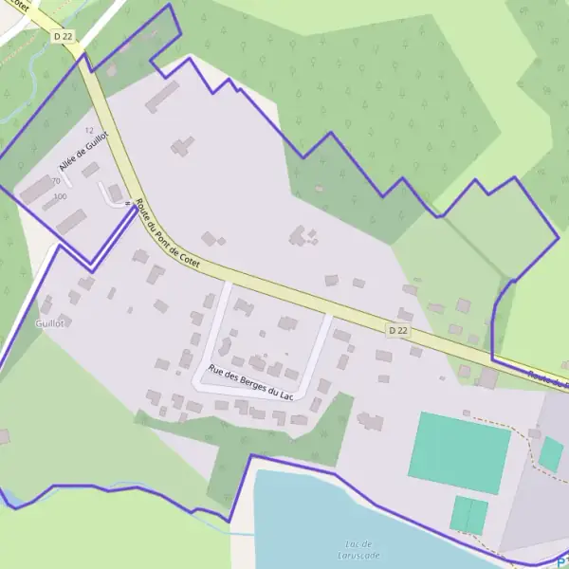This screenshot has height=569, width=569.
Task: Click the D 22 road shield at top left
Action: pos(64,36)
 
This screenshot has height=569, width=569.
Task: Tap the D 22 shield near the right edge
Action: pos(399,330)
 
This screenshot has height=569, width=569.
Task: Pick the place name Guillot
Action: pos(48,323)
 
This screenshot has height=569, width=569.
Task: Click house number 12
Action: pos(90,131)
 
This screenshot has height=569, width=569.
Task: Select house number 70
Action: pos(55,181)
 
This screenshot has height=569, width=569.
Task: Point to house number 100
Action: pos(61,196)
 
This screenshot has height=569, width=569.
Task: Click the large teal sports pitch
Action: pos(459,452)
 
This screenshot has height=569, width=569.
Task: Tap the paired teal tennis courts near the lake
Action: pos(468,515)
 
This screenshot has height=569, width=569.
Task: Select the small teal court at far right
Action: pos(551,454)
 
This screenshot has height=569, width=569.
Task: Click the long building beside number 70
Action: pos(37,189)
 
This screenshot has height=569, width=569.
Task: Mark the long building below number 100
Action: pos(71,222)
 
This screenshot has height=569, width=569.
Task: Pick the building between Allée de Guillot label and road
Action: pos(91,170)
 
